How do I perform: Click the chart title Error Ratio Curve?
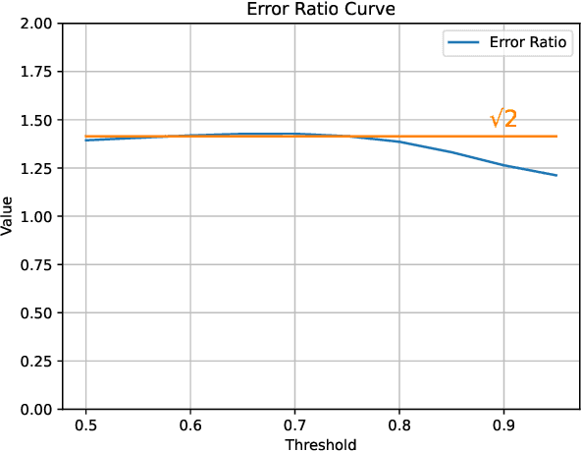pyautogui.click(x=322, y=10)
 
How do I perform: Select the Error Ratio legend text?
pyautogui.click(x=529, y=43)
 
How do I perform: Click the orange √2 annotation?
pyautogui.click(x=503, y=119)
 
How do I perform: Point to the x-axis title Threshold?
pyautogui.click(x=321, y=444)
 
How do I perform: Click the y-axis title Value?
pyautogui.click(x=9, y=216)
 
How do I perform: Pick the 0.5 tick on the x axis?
pyautogui.click(x=86, y=426)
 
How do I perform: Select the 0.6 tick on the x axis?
pyautogui.click(x=190, y=426)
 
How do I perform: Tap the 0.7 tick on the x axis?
pyautogui.click(x=295, y=426)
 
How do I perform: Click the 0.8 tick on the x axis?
pyautogui.click(x=399, y=426)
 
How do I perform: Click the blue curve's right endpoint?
pyautogui.click(x=556, y=176)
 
